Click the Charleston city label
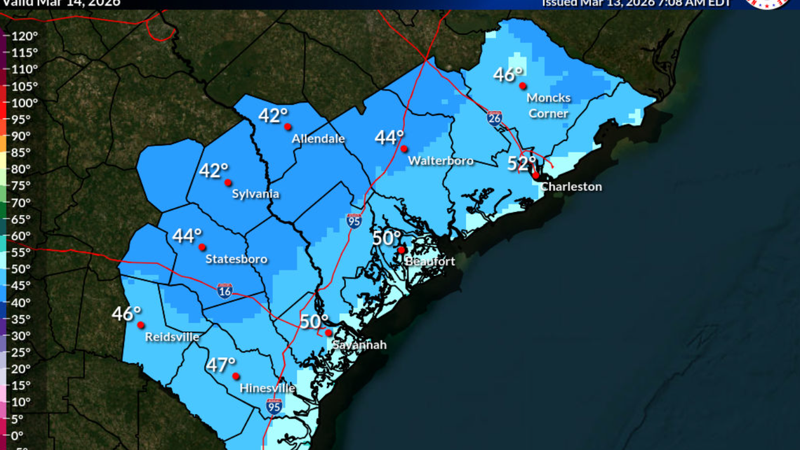(x=571, y=187)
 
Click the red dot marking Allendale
(x=288, y=126)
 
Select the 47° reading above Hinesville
(x=220, y=365)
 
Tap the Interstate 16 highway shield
(x=225, y=291)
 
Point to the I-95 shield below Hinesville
(x=274, y=406)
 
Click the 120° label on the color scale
(x=25, y=36)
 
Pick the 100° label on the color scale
(x=25, y=102)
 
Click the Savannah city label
(x=359, y=345)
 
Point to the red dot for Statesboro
(x=202, y=247)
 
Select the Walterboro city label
(x=441, y=161)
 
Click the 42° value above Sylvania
(x=214, y=171)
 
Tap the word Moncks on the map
(x=548, y=98)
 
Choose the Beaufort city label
(x=429, y=261)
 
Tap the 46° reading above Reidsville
(x=126, y=314)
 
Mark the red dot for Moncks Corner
(x=523, y=86)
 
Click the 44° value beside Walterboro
(x=389, y=138)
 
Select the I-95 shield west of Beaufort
(x=354, y=220)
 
